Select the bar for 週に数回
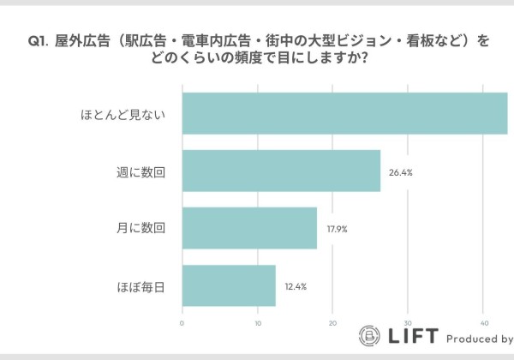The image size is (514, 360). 281,171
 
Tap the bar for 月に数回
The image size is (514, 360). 249,228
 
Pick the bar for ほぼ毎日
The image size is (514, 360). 229,285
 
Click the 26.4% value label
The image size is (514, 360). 401,172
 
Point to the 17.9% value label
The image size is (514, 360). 337,229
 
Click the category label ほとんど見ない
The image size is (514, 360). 123,114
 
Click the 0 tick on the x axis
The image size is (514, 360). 182,323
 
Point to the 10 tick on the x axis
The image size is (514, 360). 258,323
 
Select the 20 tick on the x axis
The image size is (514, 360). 333,323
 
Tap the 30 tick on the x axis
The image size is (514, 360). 409,323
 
